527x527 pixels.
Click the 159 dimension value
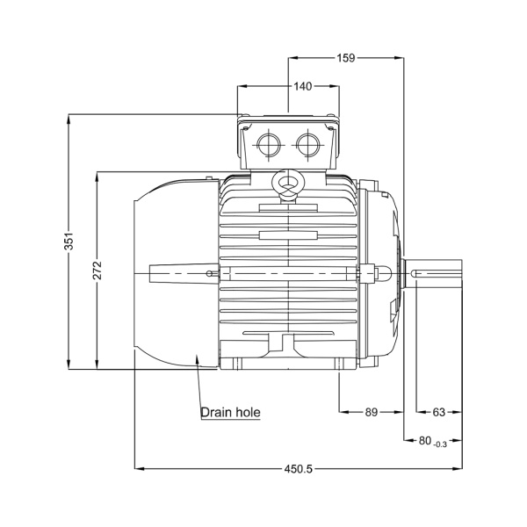tap(345, 58)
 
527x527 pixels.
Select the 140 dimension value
tap(302, 86)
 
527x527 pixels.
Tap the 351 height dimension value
tap(69, 242)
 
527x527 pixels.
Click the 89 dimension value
tap(372, 411)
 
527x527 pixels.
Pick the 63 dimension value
tap(439, 411)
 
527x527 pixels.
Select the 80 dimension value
tap(425, 441)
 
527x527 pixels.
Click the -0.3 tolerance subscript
tap(441, 444)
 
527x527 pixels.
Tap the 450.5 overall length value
tap(297, 468)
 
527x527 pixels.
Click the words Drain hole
tap(230, 411)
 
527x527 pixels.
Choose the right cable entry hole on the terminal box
tap(307, 143)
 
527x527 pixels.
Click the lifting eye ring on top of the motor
tap(287, 184)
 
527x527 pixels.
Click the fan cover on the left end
tap(171, 272)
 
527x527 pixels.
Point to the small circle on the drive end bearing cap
tap(384, 273)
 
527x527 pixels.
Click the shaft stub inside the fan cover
tap(180, 273)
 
